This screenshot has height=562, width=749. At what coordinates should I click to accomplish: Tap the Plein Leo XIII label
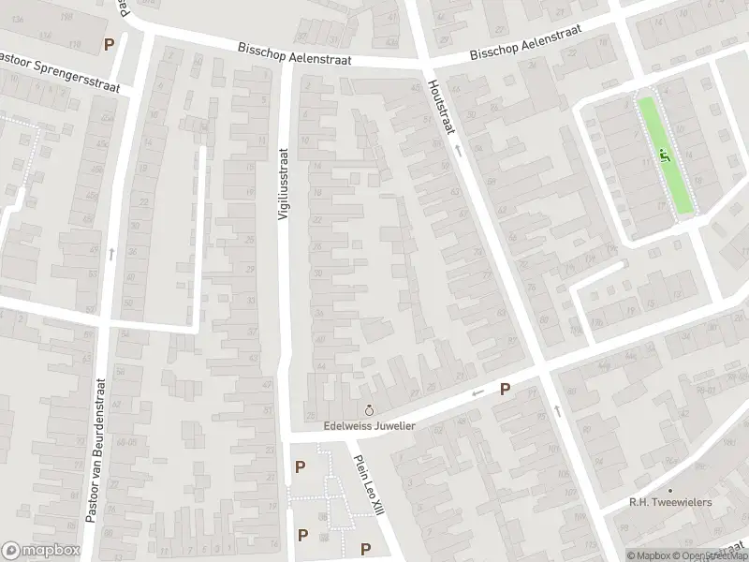(x=365, y=483)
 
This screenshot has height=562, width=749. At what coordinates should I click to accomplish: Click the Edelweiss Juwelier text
(x=368, y=425)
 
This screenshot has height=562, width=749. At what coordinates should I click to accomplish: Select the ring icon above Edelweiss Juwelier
(x=368, y=410)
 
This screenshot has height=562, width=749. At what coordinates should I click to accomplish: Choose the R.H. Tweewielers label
(x=670, y=503)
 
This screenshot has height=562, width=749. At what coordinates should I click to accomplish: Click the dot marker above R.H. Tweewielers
(x=670, y=490)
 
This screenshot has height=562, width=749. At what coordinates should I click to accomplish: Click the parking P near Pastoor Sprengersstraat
(x=110, y=43)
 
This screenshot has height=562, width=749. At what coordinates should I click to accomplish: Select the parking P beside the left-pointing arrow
(x=505, y=390)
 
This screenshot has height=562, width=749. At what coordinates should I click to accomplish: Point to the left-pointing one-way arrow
(x=477, y=393)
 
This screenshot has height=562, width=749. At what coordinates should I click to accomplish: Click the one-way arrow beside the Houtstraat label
(x=458, y=150)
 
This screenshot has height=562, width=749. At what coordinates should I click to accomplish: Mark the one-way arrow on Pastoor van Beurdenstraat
(x=110, y=253)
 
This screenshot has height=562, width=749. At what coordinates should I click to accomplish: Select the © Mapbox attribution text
(x=652, y=555)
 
